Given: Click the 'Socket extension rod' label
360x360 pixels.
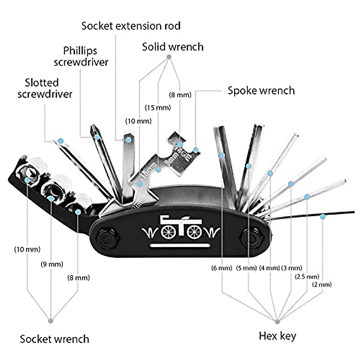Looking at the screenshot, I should pos(131,26).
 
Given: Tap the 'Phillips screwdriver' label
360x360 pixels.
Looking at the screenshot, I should pos(81,56).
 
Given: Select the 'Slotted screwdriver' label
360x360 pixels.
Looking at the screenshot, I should pos(45,88).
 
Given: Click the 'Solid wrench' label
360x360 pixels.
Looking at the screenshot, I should pos(172,47).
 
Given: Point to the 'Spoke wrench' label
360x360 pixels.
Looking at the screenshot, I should pos(261,90).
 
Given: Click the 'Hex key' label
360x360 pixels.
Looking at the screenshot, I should pos(277,335).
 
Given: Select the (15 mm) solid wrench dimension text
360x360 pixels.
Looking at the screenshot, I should pos(158,107).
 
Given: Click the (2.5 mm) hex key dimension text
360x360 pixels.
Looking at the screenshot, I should pos(307,276).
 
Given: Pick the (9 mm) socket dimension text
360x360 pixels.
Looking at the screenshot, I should pos(52,264).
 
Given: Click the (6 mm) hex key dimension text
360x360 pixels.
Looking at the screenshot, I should pos(222,268).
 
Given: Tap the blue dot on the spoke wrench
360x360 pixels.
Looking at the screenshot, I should pos(196,150).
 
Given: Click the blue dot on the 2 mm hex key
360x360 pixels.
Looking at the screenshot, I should pos(322,216).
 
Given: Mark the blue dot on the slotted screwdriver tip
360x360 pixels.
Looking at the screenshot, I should pos(61,140).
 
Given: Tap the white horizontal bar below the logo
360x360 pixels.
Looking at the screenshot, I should pos(180,246).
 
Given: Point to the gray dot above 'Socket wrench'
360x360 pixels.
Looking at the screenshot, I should pos(51,321).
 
